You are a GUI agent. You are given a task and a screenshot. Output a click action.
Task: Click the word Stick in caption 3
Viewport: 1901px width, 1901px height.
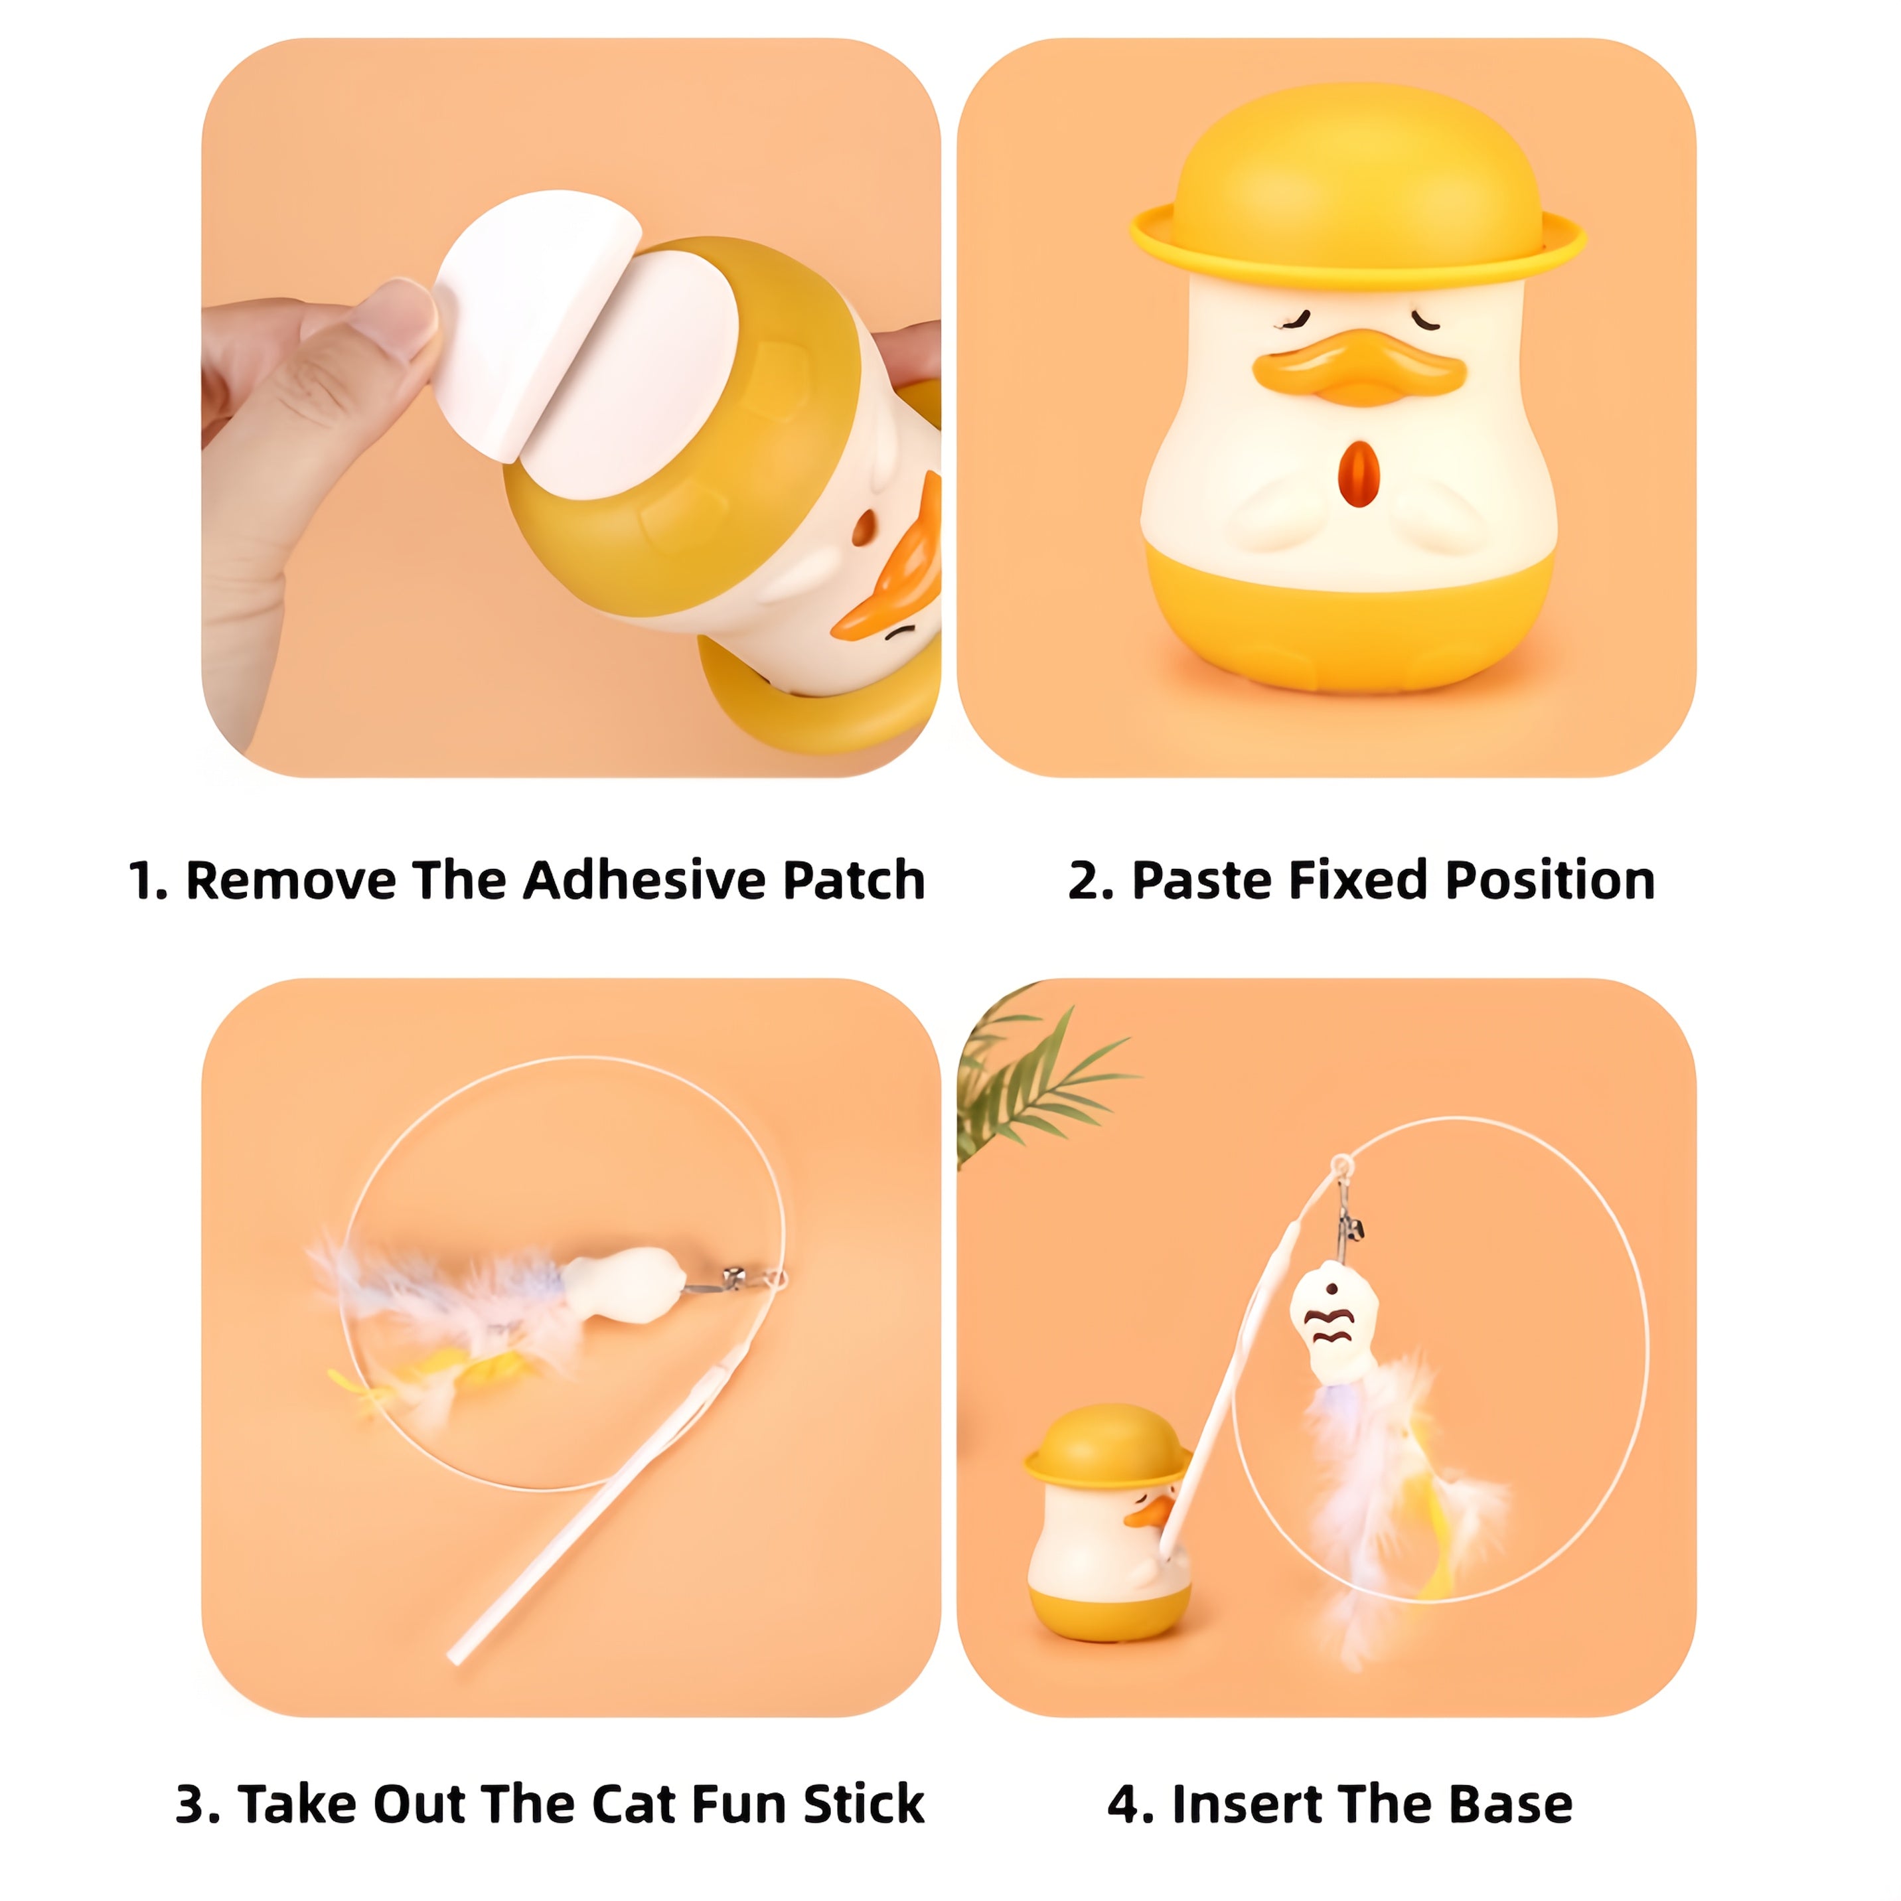[x=863, y=1803]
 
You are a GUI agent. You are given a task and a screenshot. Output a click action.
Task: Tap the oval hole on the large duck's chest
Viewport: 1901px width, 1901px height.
[x=1359, y=471]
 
